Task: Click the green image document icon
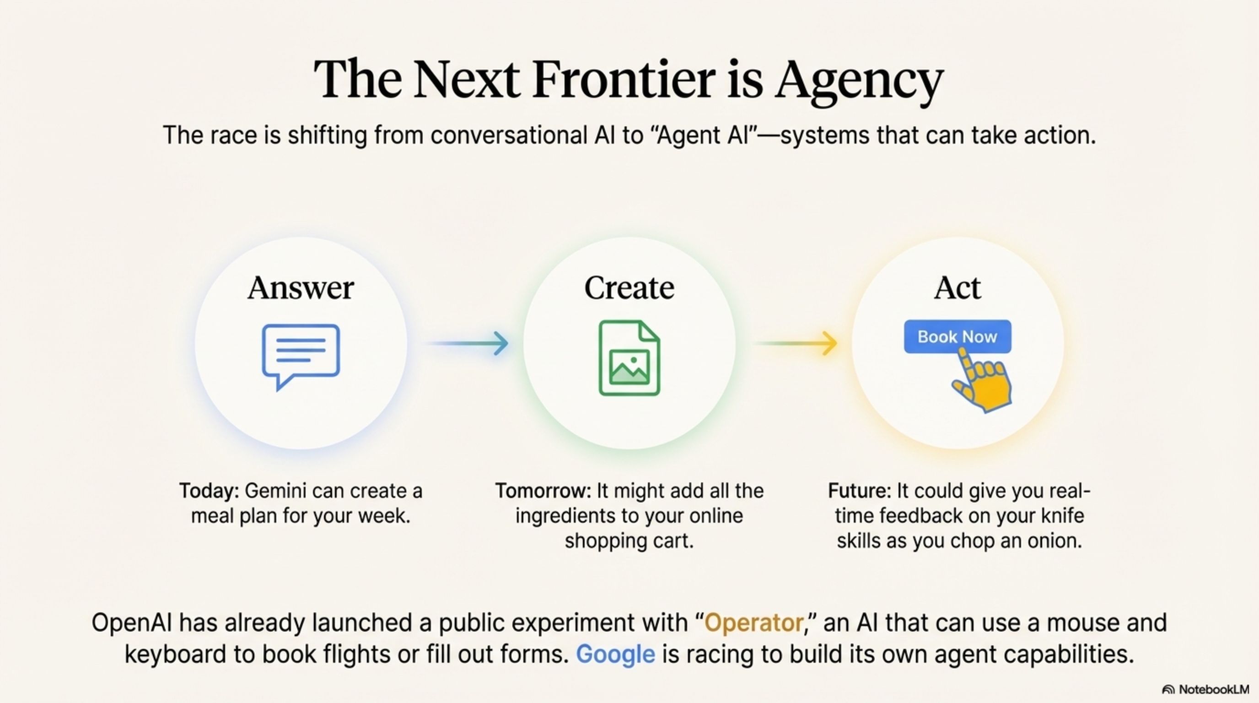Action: click(x=629, y=358)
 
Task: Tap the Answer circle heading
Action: click(x=301, y=288)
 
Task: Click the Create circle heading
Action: click(x=629, y=288)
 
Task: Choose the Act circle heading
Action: click(x=958, y=288)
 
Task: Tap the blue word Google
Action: click(x=615, y=654)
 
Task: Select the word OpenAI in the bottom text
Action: click(x=131, y=623)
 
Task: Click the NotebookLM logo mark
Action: click(x=1168, y=690)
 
